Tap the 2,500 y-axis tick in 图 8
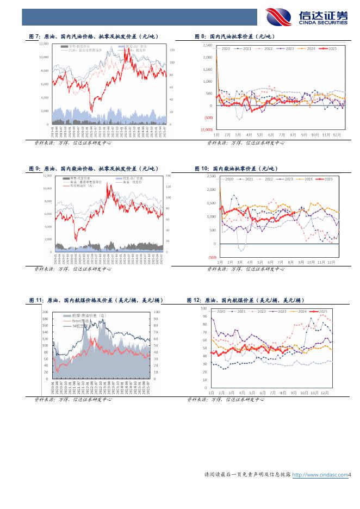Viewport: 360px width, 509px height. [207, 45]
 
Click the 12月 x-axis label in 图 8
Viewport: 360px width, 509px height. [337, 134]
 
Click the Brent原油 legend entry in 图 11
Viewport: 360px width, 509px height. [79, 321]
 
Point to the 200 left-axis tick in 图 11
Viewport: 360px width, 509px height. [45, 312]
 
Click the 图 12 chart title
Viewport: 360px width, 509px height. [245, 300]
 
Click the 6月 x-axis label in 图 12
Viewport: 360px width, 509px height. [263, 392]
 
